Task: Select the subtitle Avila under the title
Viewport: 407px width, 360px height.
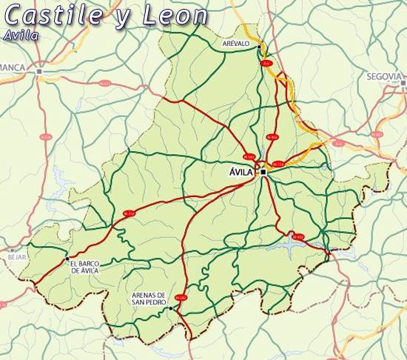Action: click(x=21, y=35)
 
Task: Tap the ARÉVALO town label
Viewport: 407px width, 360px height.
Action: click(x=237, y=44)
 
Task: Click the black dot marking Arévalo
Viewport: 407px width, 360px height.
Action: click(x=260, y=47)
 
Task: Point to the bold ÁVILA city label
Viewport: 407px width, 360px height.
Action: click(x=241, y=172)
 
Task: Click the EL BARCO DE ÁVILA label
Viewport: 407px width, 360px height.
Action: click(x=84, y=267)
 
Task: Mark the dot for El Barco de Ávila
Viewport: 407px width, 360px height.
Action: click(x=66, y=259)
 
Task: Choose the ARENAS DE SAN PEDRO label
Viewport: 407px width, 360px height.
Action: click(x=149, y=298)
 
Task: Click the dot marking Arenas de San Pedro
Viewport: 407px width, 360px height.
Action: click(x=170, y=307)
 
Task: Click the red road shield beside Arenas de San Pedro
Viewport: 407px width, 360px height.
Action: click(x=181, y=298)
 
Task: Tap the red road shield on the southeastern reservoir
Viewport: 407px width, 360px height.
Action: click(x=297, y=236)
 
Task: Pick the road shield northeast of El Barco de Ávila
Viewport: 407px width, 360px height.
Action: click(x=129, y=213)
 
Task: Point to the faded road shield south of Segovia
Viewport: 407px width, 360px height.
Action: click(x=377, y=135)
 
